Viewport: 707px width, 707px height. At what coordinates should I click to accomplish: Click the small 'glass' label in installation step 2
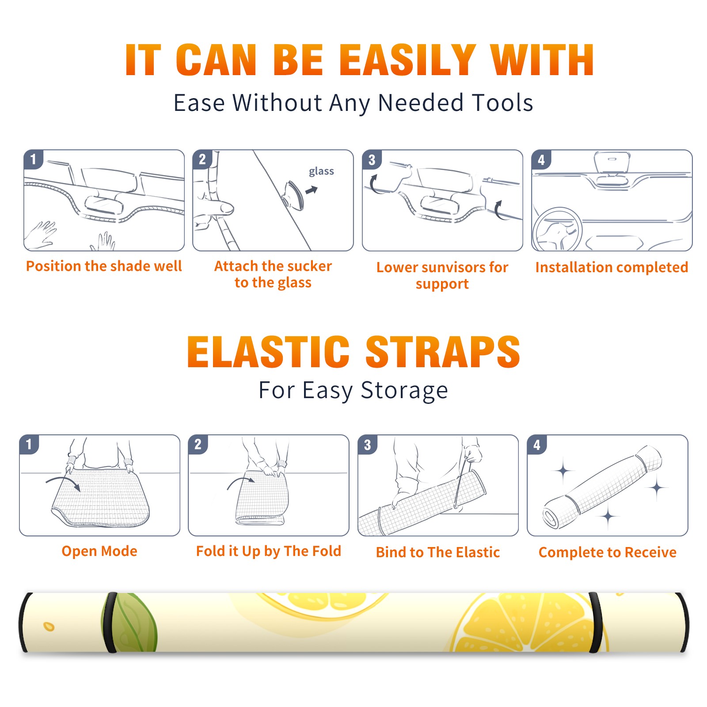tap(321, 171)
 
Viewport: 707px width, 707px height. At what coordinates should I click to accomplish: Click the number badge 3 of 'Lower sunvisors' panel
tap(372, 160)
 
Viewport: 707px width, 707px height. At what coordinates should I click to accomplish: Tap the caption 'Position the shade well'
tap(104, 266)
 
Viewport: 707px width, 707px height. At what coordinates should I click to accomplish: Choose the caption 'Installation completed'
tap(612, 267)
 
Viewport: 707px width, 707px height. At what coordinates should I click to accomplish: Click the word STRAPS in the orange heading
tap(443, 352)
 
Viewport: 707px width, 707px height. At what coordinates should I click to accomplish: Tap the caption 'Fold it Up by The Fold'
tap(269, 551)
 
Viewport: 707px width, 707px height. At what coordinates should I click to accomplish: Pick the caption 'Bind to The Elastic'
tap(438, 552)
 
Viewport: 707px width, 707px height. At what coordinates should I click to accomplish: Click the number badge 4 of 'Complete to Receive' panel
tap(537, 445)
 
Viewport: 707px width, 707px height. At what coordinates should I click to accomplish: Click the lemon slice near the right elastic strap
tap(530, 623)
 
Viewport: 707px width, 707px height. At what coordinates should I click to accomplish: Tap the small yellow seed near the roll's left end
tap(49, 627)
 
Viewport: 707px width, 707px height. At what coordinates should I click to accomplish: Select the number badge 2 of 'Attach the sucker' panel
tap(202, 160)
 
